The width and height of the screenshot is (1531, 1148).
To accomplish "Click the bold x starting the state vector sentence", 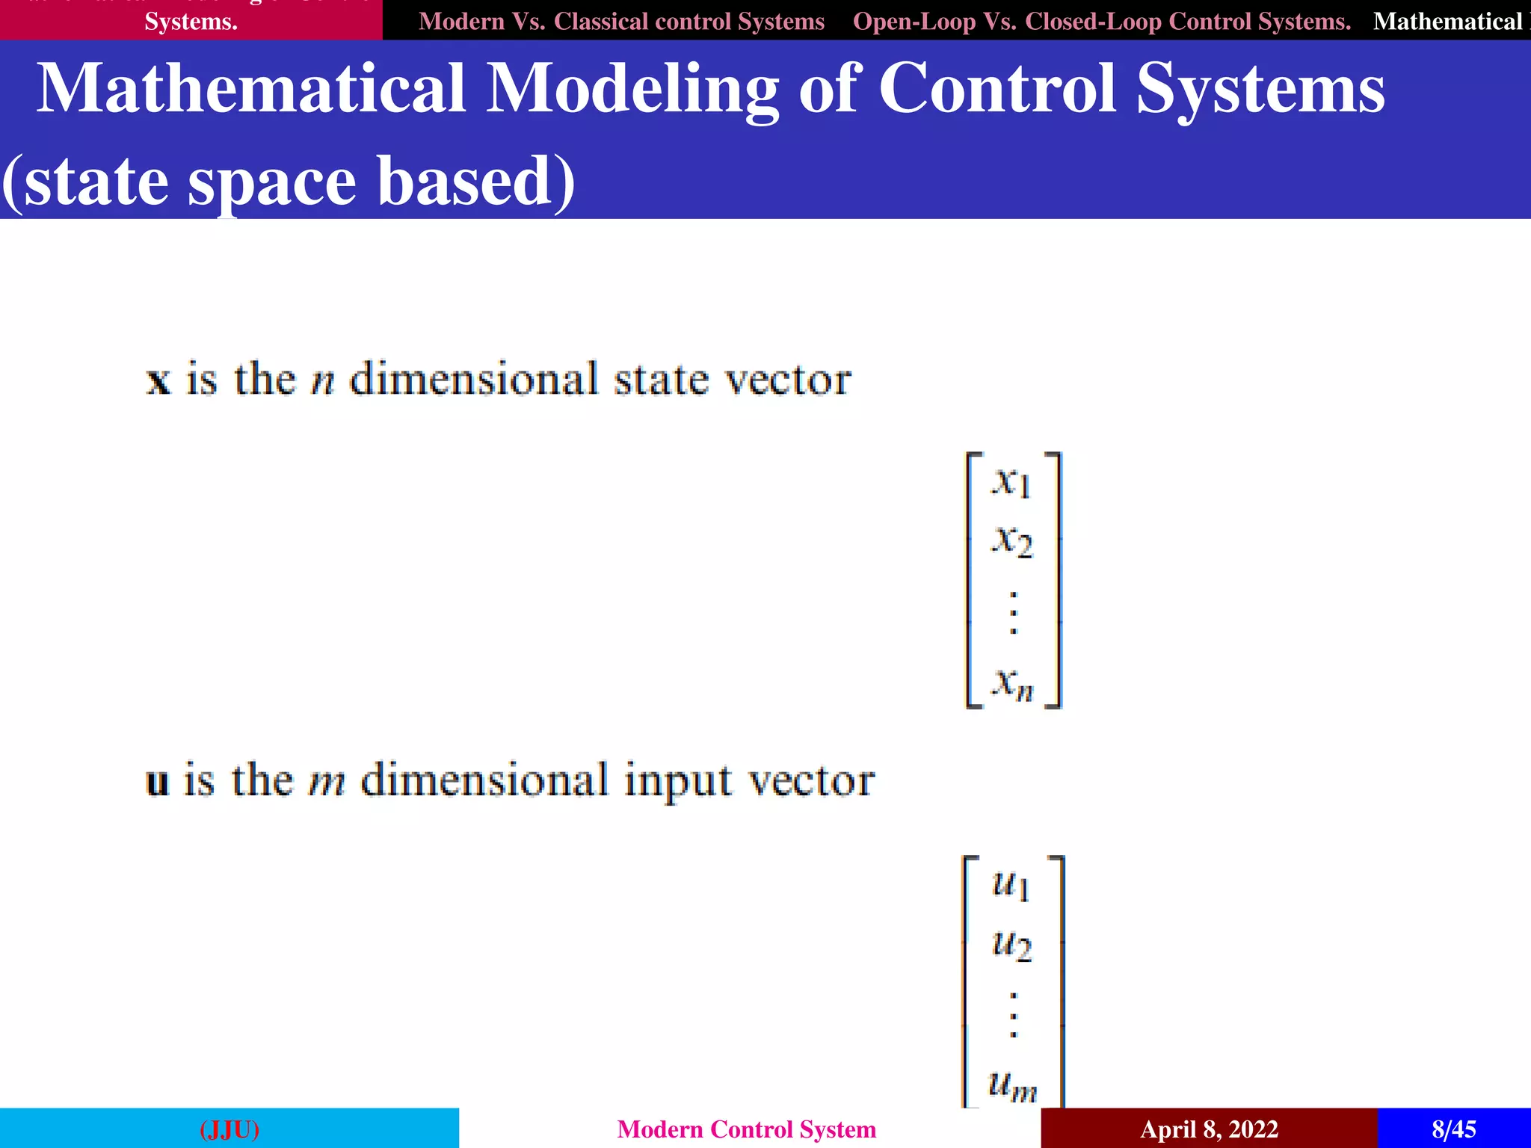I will pos(158,381).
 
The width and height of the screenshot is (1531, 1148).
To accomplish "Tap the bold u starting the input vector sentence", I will pos(158,783).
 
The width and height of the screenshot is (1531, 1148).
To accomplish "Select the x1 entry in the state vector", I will pos(1011,482).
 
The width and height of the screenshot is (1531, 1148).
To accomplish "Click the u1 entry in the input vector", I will pos(1011,885).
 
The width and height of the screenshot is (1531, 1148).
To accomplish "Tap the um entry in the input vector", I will pos(1012,1085).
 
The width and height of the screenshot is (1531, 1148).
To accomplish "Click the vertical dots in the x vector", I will pos(1014,613).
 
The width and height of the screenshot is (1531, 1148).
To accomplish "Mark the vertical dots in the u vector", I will pos(1014,1015).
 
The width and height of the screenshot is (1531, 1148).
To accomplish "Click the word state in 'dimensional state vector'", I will pos(661,380).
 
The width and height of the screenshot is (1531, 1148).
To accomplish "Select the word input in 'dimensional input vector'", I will pos(678,783).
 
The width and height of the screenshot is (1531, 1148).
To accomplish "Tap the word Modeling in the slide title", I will pos(632,90).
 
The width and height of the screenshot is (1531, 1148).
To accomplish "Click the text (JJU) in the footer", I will pos(230,1129).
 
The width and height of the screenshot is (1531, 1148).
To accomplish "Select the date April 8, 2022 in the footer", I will pos(1209,1129).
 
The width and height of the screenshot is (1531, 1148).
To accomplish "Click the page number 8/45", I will pos(1454,1129).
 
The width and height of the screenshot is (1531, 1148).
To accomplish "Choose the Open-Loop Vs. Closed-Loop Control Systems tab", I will pos(1102,21).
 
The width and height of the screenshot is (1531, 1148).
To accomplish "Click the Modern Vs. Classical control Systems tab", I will pos(621,21).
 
